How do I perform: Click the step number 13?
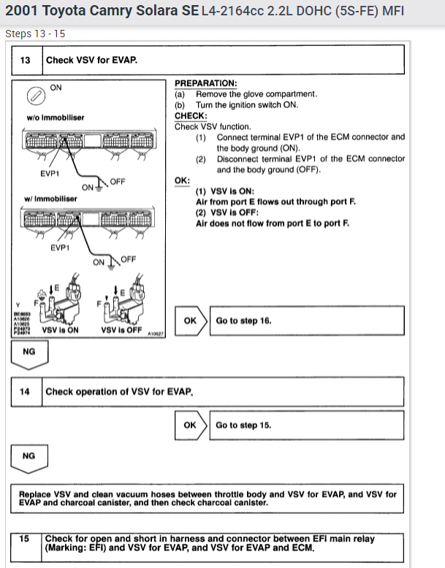tap(26, 60)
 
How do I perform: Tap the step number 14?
tap(26, 392)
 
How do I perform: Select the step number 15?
tap(25, 539)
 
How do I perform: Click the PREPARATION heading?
tap(205, 83)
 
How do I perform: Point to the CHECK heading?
tap(190, 115)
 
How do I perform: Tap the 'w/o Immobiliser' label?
tap(55, 117)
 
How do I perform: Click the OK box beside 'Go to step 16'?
tap(190, 321)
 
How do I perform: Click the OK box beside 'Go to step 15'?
tap(190, 426)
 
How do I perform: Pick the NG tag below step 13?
tap(29, 351)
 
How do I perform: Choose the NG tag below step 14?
tap(29, 456)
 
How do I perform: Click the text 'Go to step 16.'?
tap(243, 321)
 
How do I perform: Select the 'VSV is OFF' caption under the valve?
tap(121, 330)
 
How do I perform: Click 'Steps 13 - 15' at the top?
tap(35, 34)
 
